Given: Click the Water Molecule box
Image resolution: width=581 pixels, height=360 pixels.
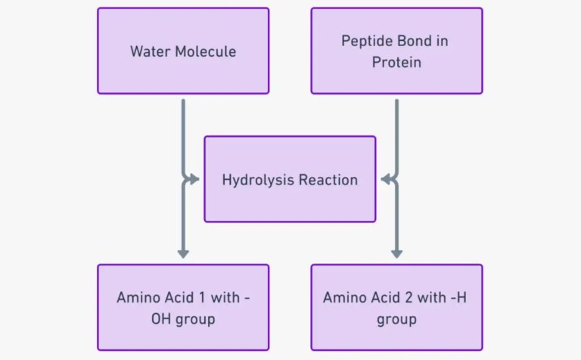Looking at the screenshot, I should point(183,51).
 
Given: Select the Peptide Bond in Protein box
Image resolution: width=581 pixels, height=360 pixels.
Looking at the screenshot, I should point(396,51).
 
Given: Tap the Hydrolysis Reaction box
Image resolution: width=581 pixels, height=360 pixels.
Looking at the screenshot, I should point(290,179).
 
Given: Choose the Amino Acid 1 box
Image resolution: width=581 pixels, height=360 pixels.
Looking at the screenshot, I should point(183,307).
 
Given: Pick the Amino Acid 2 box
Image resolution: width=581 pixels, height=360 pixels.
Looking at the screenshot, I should point(396,307).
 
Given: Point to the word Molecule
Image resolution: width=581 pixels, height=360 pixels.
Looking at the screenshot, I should point(205,51).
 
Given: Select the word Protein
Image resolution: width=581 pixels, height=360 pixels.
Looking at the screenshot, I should point(396,62).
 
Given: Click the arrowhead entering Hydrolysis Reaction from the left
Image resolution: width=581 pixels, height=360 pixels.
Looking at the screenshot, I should point(195,179).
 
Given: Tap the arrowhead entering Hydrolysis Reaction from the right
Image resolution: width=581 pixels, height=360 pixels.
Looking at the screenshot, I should point(384,179).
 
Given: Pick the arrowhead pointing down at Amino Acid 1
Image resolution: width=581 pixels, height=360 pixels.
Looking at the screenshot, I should point(183,254).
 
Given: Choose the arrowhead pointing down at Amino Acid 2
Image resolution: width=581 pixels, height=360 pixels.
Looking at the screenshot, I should point(396,254).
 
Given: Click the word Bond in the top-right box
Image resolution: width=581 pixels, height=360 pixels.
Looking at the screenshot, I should point(410,41).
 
